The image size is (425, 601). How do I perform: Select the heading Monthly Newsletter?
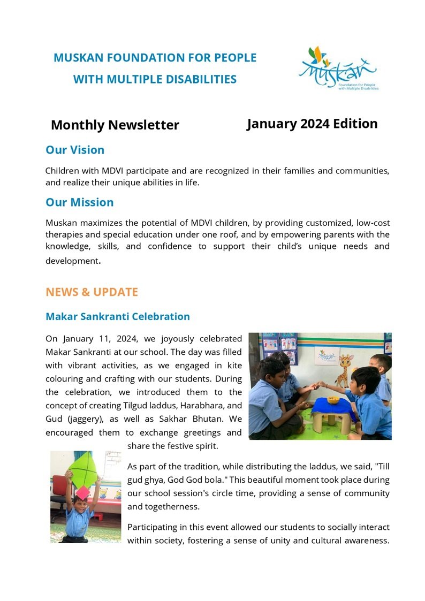click(115, 125)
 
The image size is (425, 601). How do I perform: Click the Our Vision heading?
click(75, 150)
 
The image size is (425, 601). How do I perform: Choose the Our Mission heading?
click(79, 202)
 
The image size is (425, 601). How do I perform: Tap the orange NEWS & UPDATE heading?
click(92, 292)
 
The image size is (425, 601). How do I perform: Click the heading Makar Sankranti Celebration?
click(118, 316)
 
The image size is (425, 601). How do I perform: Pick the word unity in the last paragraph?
click(279, 540)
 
